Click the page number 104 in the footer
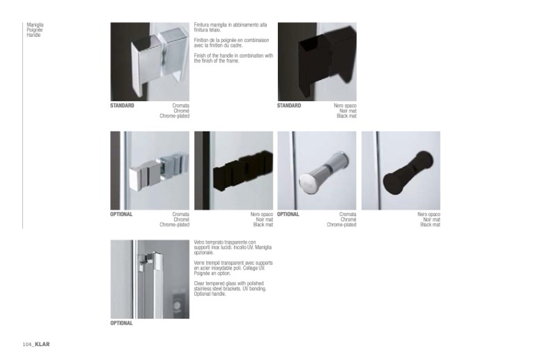tap(27, 345)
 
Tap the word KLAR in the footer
tap(43, 344)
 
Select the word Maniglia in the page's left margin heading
tap(35, 25)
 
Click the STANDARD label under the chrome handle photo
tap(122, 106)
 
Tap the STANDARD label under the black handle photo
tap(289, 106)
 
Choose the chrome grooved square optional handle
tap(158, 171)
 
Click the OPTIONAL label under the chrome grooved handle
tap(121, 214)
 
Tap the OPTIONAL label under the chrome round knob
tap(288, 214)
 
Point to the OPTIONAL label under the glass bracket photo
tap(121, 323)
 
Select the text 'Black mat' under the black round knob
tap(430, 225)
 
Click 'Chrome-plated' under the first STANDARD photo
tap(175, 116)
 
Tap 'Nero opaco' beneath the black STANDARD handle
tap(345, 106)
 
